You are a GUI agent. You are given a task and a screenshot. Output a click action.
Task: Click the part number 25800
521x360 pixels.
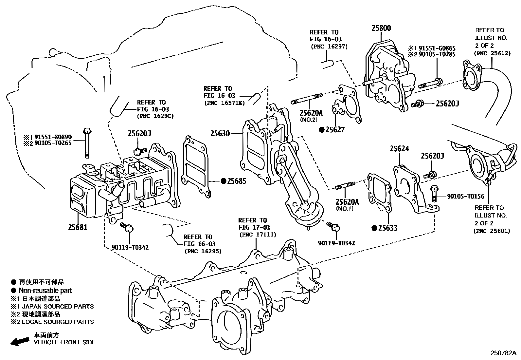(x=381, y=28)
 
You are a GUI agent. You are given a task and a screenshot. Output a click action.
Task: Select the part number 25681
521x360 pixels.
(x=78, y=226)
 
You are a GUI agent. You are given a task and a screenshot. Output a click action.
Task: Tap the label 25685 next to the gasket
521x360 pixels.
(x=237, y=181)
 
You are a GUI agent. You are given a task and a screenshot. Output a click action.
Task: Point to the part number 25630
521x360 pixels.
(x=220, y=134)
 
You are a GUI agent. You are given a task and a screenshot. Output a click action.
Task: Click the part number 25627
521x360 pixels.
(x=335, y=130)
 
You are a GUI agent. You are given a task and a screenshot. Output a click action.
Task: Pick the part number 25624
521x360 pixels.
(x=399, y=149)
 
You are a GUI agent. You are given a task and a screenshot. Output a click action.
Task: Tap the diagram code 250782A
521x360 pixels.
(x=503, y=353)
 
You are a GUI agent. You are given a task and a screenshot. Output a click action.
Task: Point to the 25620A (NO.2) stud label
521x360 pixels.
(x=311, y=113)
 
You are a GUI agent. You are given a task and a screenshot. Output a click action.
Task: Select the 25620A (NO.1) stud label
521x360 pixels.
(x=347, y=202)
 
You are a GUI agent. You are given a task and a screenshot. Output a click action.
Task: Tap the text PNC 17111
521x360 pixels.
(x=258, y=235)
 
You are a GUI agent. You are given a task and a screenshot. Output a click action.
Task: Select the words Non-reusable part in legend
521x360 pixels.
(x=45, y=290)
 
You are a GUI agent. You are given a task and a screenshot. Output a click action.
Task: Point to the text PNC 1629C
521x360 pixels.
(x=155, y=116)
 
